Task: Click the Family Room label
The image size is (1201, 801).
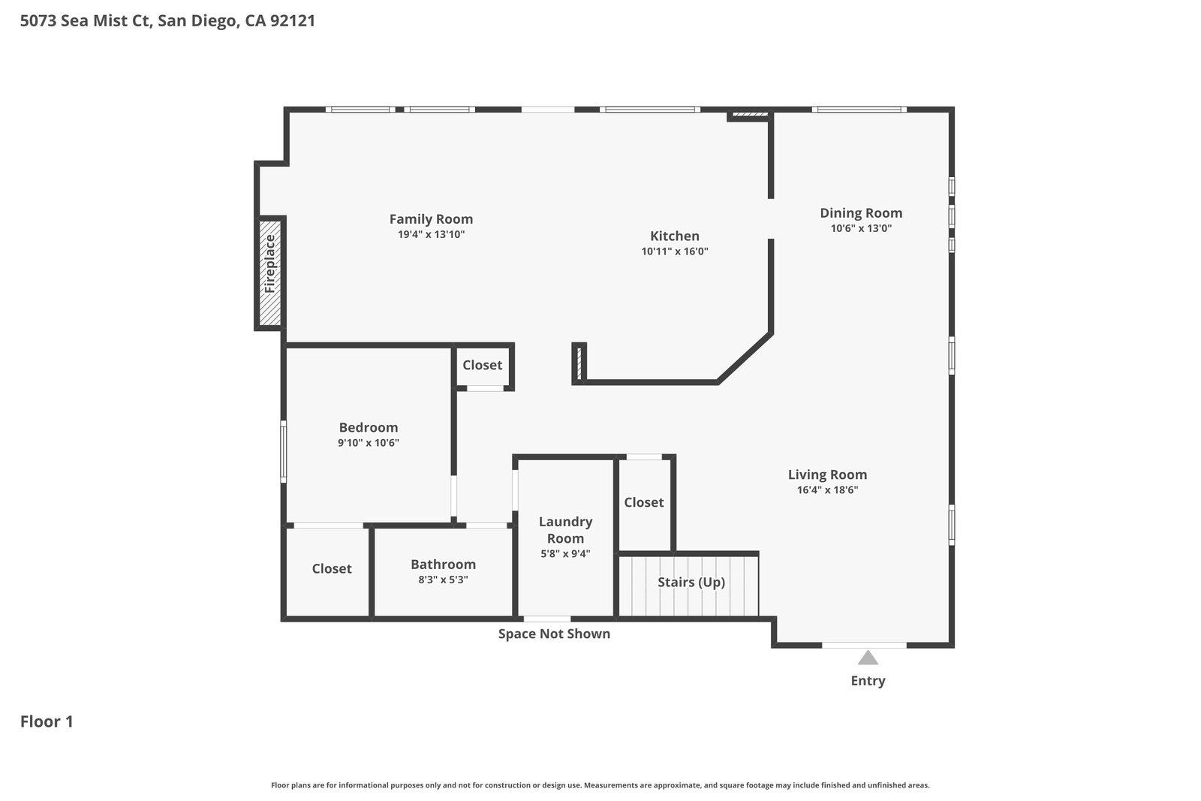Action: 431,219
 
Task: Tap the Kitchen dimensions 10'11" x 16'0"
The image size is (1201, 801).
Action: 675,251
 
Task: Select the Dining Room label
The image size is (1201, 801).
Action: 861,213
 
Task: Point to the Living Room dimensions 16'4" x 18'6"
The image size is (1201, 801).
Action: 827,489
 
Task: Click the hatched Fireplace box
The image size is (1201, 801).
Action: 269,273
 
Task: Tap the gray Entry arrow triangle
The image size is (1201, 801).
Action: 868,658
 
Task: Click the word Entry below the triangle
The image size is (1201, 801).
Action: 868,681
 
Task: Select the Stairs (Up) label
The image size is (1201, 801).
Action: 691,583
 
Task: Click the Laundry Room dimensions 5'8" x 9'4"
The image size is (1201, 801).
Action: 565,553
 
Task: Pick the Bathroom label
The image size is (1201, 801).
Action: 444,564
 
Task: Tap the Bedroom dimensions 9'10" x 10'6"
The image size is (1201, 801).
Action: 369,443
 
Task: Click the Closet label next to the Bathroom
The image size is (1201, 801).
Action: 332,568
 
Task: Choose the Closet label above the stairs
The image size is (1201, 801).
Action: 644,502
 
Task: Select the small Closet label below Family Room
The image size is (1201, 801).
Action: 483,365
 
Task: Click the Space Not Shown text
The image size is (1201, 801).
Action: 554,634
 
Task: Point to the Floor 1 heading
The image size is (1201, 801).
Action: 47,721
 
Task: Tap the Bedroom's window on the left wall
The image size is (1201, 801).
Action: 284,451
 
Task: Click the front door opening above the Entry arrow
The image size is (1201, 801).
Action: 864,645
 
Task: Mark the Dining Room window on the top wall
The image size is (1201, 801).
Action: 859,110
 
